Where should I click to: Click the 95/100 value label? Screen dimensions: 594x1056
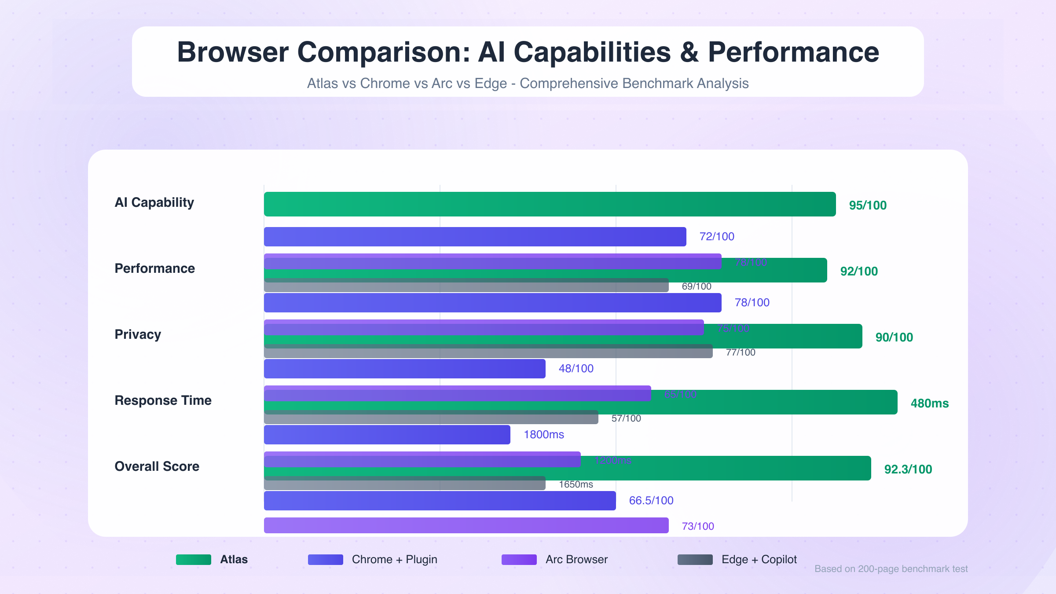(868, 205)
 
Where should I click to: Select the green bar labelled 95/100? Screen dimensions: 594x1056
(550, 204)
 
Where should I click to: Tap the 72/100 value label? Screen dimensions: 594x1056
(717, 237)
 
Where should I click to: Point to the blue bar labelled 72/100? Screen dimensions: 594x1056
(475, 237)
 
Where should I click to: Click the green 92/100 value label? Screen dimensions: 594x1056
(859, 271)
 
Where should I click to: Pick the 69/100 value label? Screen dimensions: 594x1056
(697, 286)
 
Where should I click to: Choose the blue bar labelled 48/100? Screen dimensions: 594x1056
(404, 369)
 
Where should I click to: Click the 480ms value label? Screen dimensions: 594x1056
(930, 403)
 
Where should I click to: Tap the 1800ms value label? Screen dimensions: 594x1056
(544, 435)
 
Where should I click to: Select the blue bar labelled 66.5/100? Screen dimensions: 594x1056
(440, 501)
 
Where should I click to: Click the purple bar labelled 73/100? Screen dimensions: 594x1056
(466, 525)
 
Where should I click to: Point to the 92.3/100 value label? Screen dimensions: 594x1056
(908, 469)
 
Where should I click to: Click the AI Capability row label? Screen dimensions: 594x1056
(154, 202)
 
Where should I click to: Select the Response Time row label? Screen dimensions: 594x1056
(163, 400)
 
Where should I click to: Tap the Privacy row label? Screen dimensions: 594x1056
(138, 334)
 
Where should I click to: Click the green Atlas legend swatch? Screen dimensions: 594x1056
(194, 560)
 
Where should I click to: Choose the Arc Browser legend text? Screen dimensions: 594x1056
(576, 560)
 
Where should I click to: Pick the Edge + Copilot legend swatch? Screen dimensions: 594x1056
(695, 560)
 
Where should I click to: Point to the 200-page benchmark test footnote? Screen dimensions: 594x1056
(891, 569)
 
